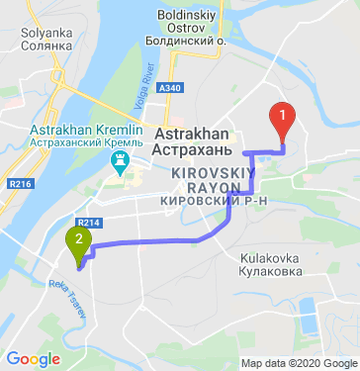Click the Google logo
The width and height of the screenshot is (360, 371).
[33, 359]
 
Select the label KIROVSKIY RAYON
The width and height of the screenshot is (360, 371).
[205, 178]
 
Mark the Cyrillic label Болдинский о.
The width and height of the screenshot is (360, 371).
[194, 44]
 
